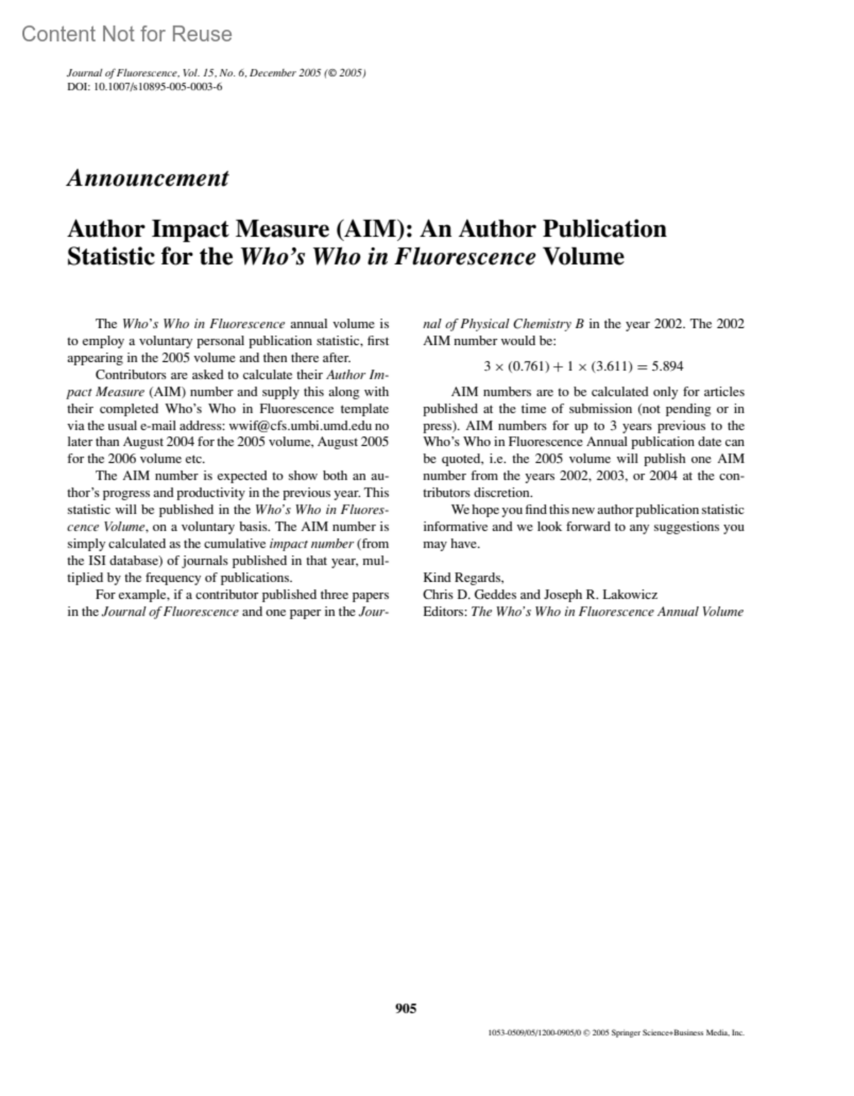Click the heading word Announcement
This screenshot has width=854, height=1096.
pos(148,178)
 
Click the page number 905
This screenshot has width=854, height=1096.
pos(406,1008)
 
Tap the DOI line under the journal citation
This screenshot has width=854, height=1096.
pos(144,87)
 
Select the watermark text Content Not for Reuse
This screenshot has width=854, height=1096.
pos(127,34)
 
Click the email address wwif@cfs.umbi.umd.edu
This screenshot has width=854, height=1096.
pos(300,426)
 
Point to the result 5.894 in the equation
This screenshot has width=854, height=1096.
pos(668,367)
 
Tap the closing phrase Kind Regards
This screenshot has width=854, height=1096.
pos(463,577)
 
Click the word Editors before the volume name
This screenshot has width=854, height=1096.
pos(445,611)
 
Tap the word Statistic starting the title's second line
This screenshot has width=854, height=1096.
pos(110,255)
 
